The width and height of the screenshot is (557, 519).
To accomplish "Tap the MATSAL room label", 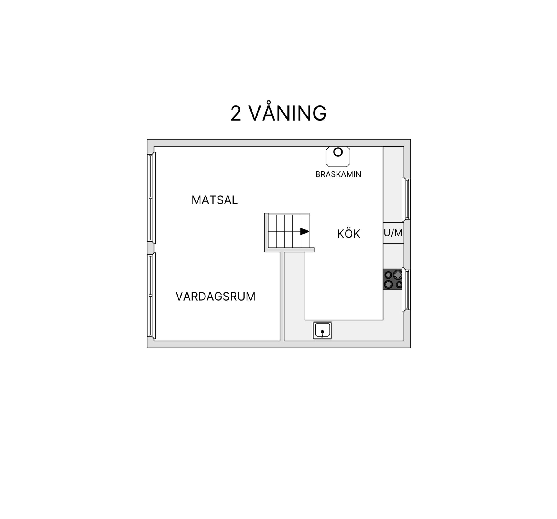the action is click(x=215, y=200).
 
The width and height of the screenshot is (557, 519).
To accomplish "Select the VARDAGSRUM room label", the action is click(x=216, y=297).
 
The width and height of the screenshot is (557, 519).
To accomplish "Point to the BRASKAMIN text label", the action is click(x=338, y=174).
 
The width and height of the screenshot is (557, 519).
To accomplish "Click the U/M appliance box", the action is click(x=393, y=233).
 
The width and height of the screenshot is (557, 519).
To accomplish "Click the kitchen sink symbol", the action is click(x=322, y=330).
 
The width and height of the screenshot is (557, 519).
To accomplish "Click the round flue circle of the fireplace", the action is click(x=338, y=152).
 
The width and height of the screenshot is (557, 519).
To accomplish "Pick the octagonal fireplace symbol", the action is click(x=338, y=157).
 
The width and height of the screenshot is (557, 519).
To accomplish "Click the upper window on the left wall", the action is click(x=152, y=198).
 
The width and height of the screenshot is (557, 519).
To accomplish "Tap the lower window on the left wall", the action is click(x=152, y=296).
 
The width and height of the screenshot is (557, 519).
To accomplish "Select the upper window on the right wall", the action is click(x=406, y=199).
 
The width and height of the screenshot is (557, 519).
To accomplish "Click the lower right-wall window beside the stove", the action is click(x=406, y=290).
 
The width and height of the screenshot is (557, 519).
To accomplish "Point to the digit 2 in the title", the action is click(x=236, y=113).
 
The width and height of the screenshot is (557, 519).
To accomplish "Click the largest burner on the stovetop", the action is click(x=397, y=274).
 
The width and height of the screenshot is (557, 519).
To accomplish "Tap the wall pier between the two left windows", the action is click(x=151, y=248).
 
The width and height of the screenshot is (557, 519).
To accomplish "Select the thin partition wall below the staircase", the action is click(x=282, y=296).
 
